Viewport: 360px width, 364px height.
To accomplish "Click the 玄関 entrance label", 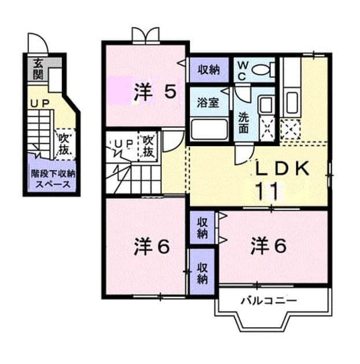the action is click(x=38, y=69).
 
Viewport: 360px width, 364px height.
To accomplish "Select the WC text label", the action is click(x=242, y=71).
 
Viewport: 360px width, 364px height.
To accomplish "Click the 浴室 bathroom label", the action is click(x=208, y=103).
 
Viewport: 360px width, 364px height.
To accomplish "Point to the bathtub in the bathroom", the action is click(x=209, y=129).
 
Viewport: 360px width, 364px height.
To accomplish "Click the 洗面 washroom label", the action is click(x=244, y=123).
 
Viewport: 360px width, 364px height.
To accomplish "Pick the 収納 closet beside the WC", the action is click(x=209, y=70).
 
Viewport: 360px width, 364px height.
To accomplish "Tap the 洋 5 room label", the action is click(x=155, y=92).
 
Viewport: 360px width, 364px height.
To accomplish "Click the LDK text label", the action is click(x=282, y=168).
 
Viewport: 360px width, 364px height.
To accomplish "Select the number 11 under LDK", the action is click(x=266, y=191).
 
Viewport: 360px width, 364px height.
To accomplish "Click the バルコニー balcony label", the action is click(x=269, y=301).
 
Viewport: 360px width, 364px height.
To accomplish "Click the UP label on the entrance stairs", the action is click(x=40, y=103).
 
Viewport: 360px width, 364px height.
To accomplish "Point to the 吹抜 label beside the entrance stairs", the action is click(x=64, y=144).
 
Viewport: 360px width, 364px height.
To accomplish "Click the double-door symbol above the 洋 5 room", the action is click(x=146, y=36).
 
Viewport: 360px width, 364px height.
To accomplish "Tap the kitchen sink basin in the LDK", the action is click(x=292, y=103).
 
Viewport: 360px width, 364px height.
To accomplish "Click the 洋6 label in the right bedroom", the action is click(x=269, y=246).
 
